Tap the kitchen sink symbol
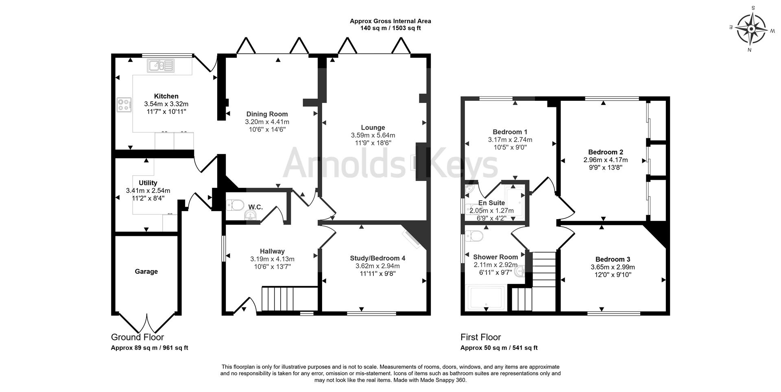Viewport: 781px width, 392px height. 161,65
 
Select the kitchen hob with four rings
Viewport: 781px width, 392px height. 124,105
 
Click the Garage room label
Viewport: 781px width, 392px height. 146,272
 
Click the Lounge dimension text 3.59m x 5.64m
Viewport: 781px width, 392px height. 373,135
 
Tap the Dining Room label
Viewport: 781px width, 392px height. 267,114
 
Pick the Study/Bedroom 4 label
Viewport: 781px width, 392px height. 377,258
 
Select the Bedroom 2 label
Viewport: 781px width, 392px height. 605,152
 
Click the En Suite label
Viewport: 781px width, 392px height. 491,203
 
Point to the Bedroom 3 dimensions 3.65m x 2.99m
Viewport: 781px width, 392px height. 613,267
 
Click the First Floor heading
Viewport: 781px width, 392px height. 480,337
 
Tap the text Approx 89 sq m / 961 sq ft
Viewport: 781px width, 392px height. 149,348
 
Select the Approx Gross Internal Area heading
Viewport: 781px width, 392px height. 390,21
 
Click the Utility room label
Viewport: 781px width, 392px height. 148,183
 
